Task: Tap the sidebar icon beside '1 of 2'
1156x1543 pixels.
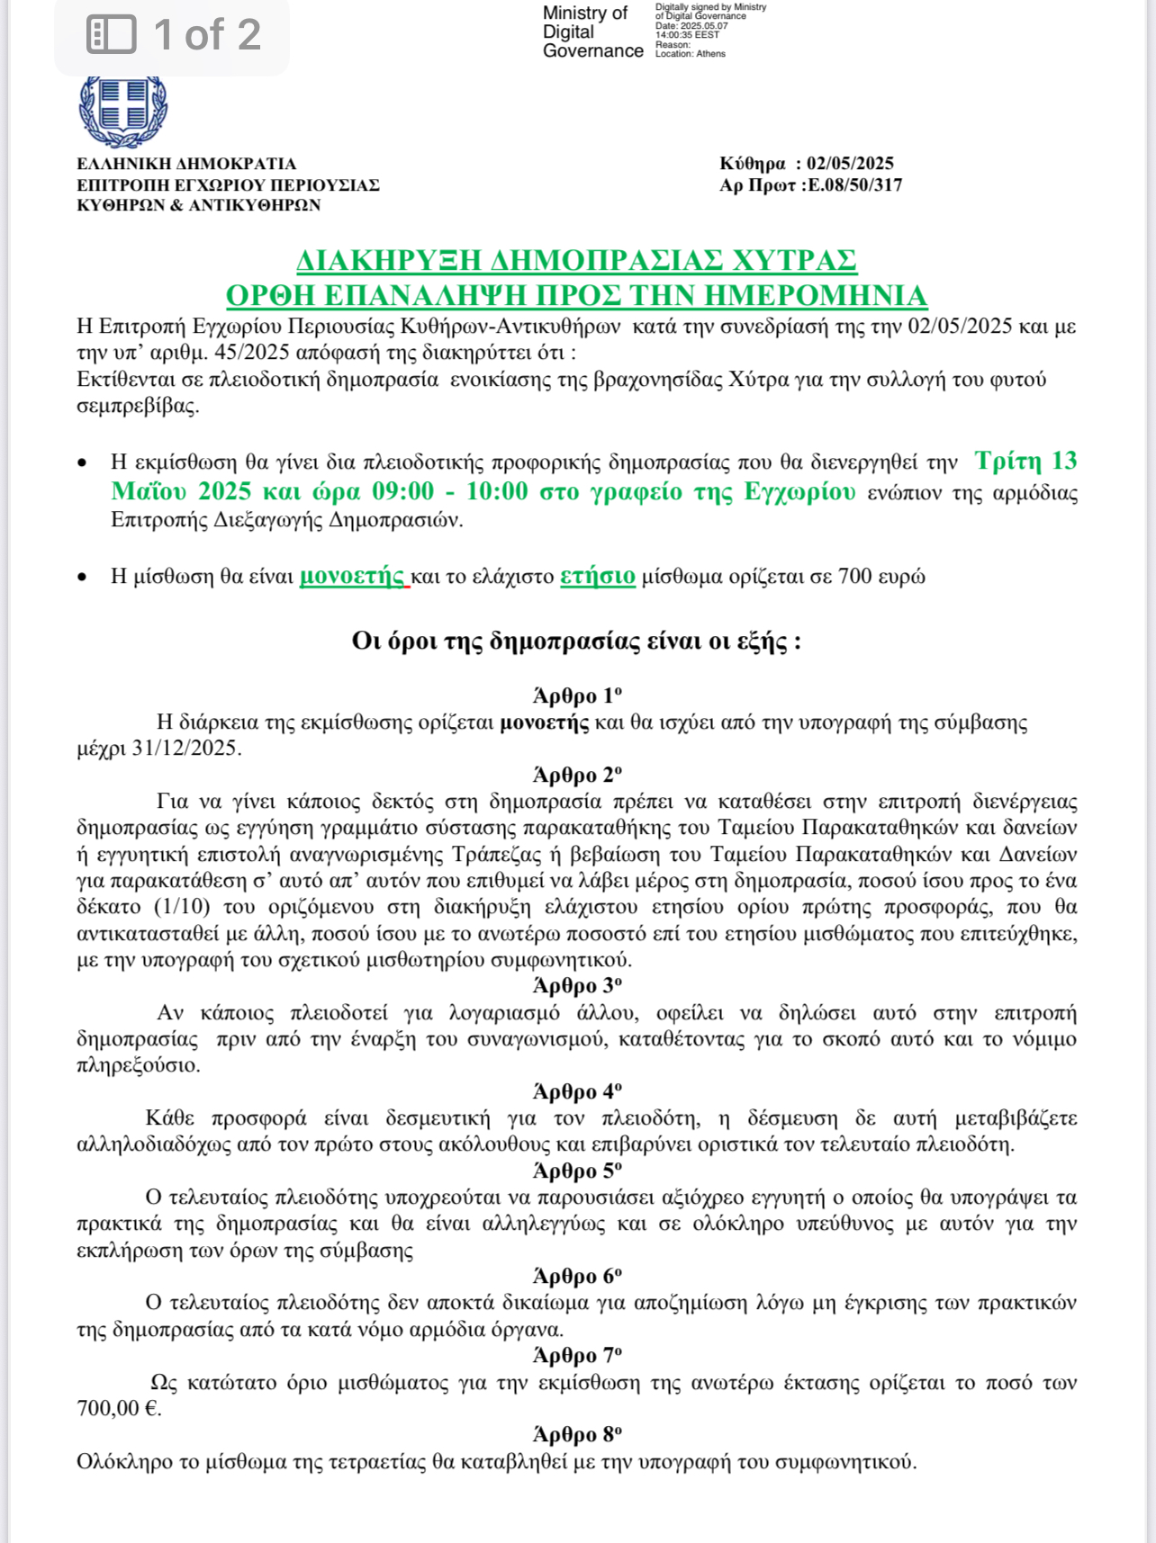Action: coord(111,35)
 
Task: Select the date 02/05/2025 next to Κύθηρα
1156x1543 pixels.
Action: coord(850,164)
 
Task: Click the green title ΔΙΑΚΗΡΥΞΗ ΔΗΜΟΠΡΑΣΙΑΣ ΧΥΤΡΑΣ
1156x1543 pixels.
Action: coord(576,260)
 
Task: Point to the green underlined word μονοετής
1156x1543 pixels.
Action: coord(352,576)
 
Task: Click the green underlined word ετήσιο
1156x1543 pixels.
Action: coord(598,576)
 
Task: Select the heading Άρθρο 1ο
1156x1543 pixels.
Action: coord(577,695)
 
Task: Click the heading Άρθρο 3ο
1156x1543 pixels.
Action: coord(577,986)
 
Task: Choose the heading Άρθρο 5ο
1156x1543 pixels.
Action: coord(577,1171)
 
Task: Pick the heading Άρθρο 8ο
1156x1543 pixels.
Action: coord(577,1435)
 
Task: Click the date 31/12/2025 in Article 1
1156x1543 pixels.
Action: coord(185,749)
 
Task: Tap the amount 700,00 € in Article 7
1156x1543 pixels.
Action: coord(119,1408)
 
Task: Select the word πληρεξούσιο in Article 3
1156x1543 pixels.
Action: coord(139,1065)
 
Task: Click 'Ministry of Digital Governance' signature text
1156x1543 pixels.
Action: coord(592,32)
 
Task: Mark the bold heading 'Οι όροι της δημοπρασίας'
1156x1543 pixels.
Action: coord(576,641)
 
